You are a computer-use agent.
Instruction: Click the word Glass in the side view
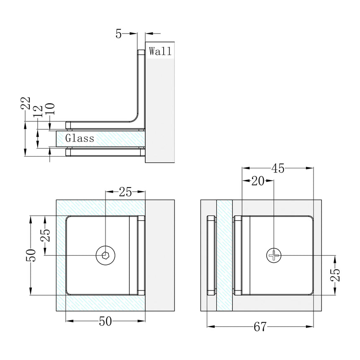pos(80,138)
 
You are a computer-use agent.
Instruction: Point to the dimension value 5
pos(118,34)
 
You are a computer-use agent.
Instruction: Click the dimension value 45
pos(278,168)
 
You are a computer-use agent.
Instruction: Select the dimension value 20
pos(257,181)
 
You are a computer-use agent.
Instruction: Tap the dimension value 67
pos(260,327)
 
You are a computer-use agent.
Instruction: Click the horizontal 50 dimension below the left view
pos(105,321)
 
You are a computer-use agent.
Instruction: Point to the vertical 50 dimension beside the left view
pos(30,255)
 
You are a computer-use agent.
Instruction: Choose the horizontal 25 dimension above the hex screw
pos(125,192)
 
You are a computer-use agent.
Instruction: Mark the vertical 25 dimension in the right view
pos(335,275)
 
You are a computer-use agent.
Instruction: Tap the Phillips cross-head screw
pos(274,255)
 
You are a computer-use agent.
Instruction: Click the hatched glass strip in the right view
pos(224,255)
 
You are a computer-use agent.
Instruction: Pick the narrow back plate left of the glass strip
pos(211,255)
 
